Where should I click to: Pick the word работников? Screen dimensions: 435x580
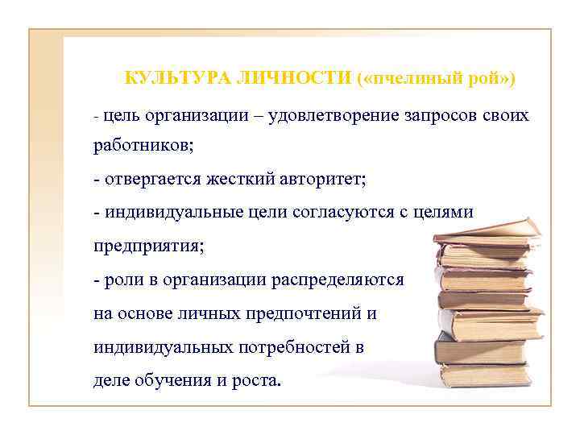pyautogui.click(x=142, y=147)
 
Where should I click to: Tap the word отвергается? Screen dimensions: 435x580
pyautogui.click(x=150, y=178)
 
